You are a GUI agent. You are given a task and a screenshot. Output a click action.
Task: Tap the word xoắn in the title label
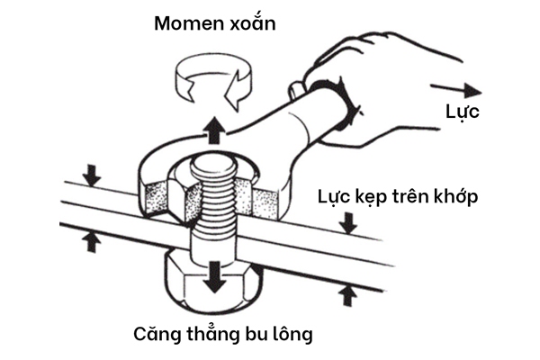(251, 22)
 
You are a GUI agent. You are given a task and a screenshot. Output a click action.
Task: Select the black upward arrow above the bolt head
(213, 132)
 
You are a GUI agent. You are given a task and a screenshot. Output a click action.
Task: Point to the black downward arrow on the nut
(213, 274)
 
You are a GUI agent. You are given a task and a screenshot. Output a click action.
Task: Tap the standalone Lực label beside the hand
(463, 113)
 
